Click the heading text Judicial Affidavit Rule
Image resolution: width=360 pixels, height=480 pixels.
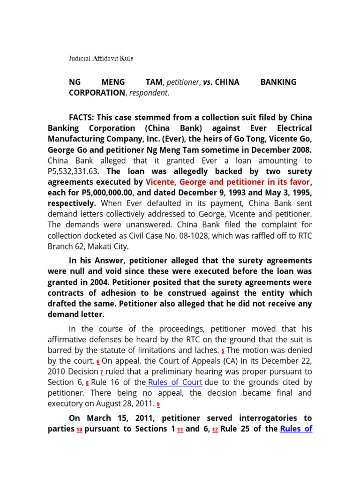coord(101,59)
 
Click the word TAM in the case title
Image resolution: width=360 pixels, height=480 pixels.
coord(153,82)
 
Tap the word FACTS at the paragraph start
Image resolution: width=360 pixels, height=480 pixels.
coord(81,117)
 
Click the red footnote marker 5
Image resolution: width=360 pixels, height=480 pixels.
coord(223,351)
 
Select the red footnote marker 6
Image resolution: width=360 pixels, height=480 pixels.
coord(98,362)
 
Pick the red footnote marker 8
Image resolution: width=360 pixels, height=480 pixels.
coord(87,383)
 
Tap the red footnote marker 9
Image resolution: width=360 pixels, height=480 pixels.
coord(158,405)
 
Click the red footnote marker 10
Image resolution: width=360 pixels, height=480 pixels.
coord(79,430)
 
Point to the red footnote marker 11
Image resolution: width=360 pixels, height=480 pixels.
coord(180,430)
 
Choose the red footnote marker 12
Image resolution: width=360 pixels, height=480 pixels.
coord(215,430)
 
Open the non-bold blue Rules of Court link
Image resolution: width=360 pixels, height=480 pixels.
coord(174,382)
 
